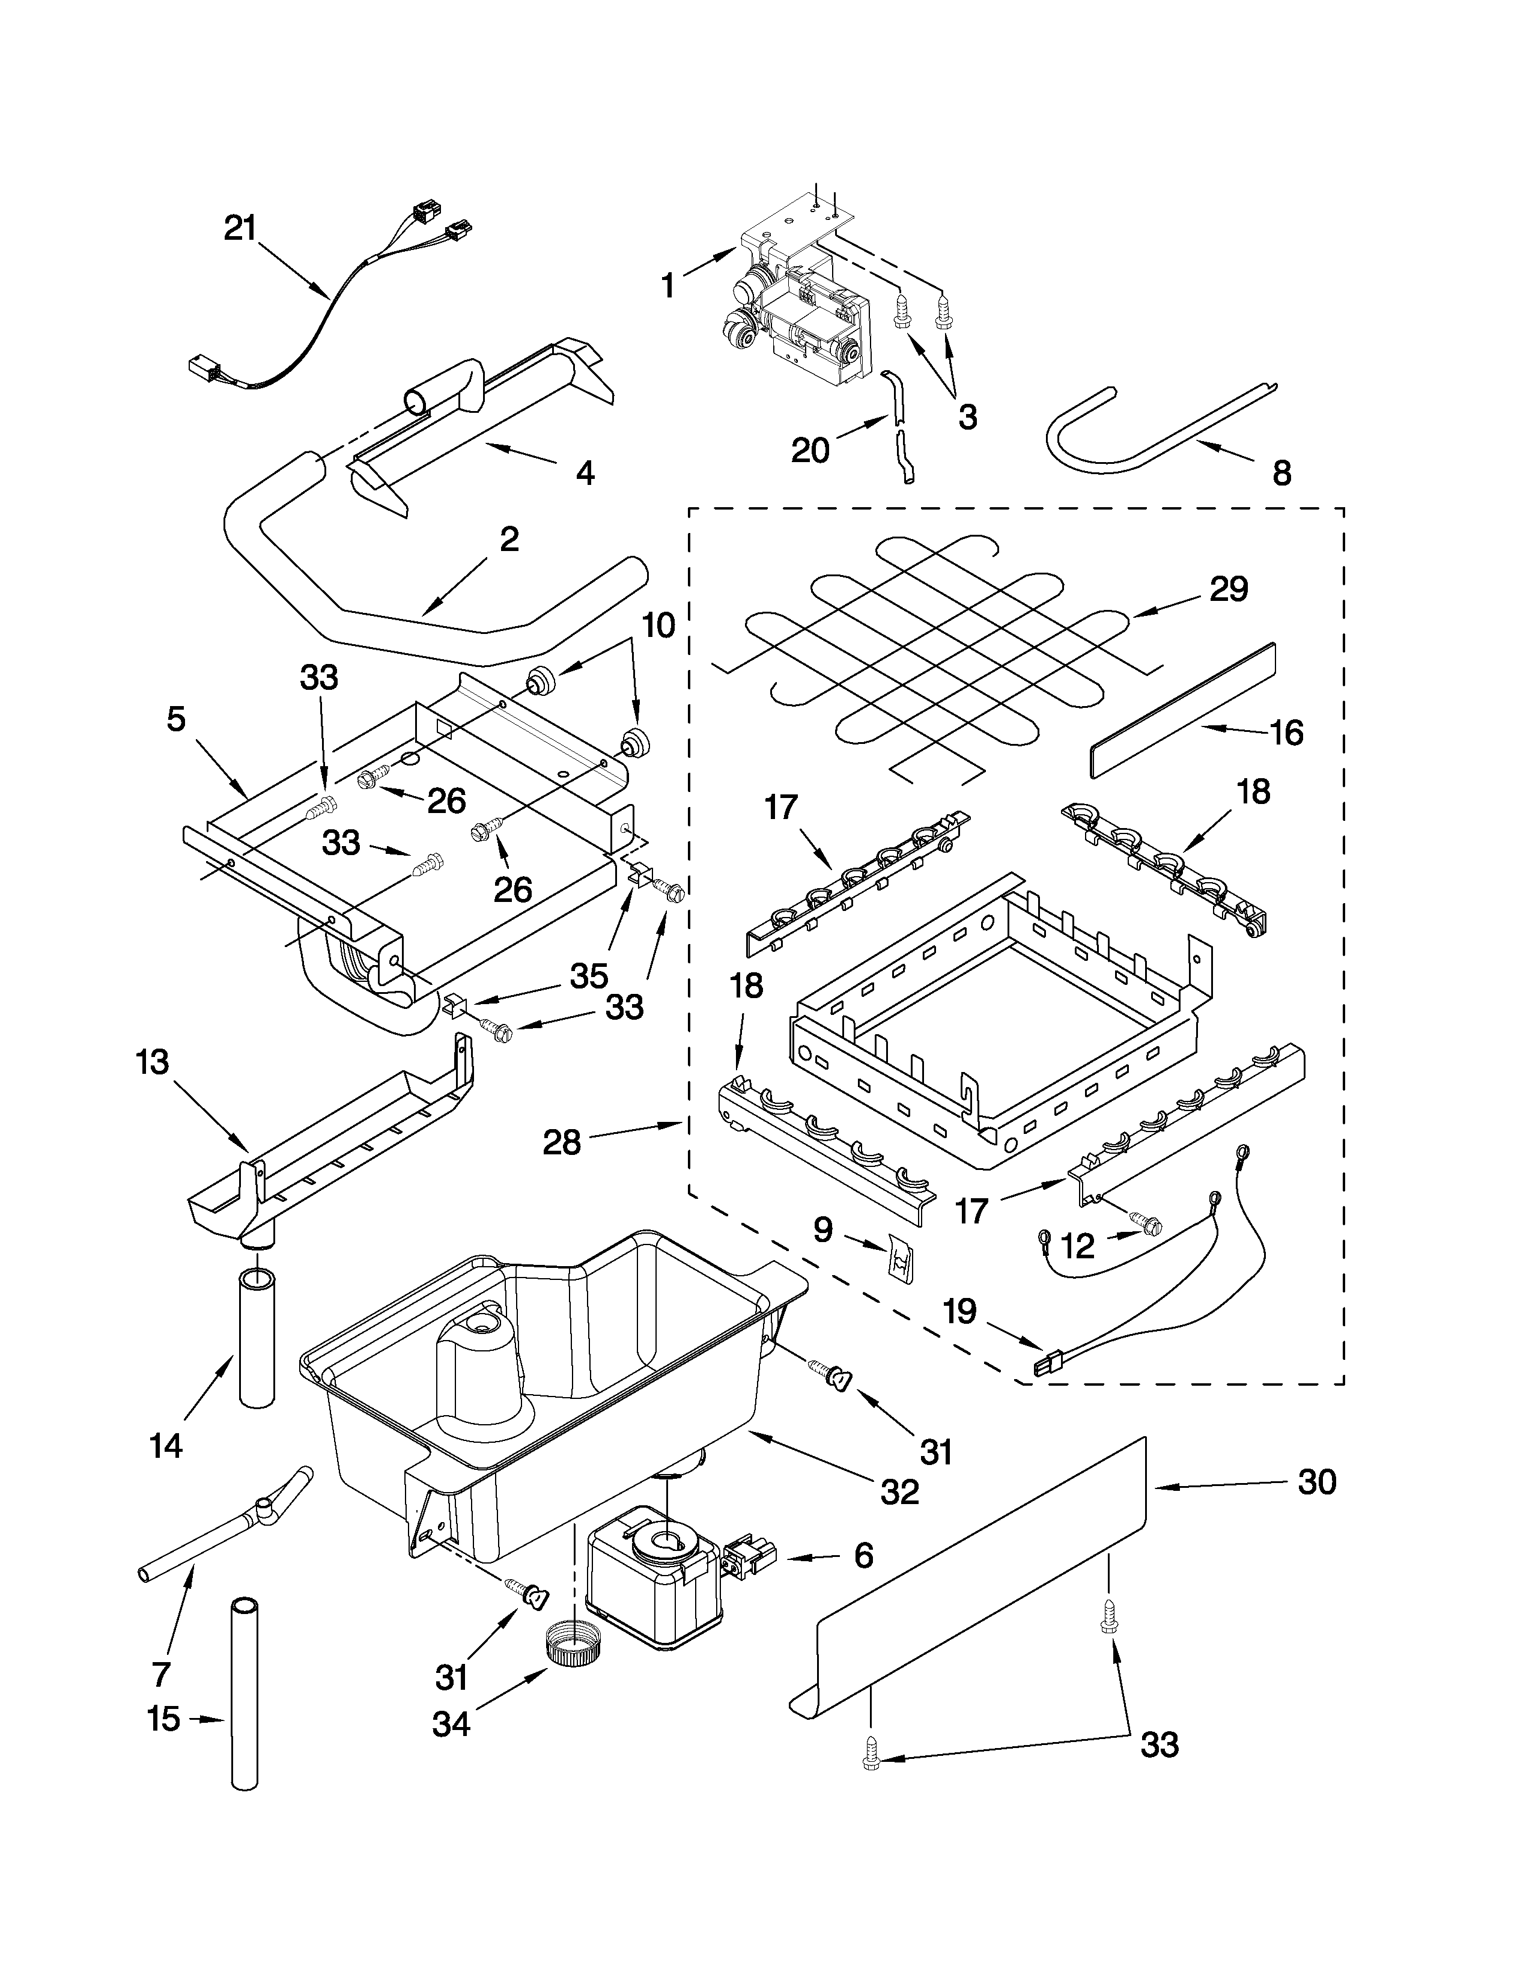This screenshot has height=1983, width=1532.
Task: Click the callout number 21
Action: (240, 228)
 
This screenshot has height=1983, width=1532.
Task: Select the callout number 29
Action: (1229, 589)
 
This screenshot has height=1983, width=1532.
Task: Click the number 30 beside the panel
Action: (1317, 1482)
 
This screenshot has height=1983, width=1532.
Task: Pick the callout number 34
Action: (451, 1723)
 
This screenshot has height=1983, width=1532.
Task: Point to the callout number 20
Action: (810, 449)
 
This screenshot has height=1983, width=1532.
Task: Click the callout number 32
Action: (899, 1491)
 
